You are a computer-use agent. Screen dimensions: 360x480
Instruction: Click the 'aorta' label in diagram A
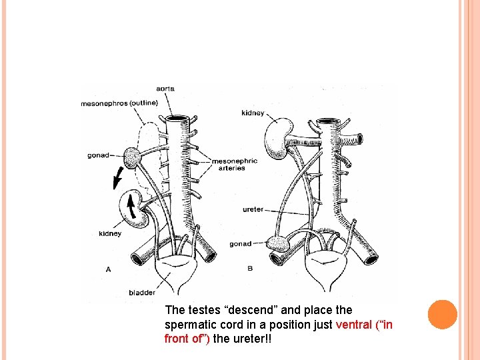click(x=166, y=89)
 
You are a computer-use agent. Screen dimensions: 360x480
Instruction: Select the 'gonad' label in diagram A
click(x=99, y=155)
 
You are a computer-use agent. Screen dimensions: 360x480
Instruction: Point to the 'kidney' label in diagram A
click(x=110, y=234)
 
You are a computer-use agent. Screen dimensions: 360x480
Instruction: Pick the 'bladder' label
click(x=142, y=292)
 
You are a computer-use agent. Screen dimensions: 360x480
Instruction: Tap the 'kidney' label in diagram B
click(x=253, y=113)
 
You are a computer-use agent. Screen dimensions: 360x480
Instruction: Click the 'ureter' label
click(x=253, y=209)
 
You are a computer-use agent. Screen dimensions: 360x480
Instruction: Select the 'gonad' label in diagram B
click(x=241, y=244)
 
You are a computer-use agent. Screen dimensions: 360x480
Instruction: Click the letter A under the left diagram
click(x=108, y=269)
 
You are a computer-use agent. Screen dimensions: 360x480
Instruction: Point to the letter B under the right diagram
click(x=250, y=269)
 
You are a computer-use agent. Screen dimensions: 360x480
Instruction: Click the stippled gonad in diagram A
click(x=133, y=158)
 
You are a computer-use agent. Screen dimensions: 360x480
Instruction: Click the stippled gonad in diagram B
click(x=279, y=244)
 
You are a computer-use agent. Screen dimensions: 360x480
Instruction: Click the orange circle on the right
click(x=443, y=315)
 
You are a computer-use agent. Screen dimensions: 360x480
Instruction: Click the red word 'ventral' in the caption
click(x=357, y=325)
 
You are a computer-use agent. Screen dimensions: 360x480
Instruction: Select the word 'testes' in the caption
click(x=202, y=310)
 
